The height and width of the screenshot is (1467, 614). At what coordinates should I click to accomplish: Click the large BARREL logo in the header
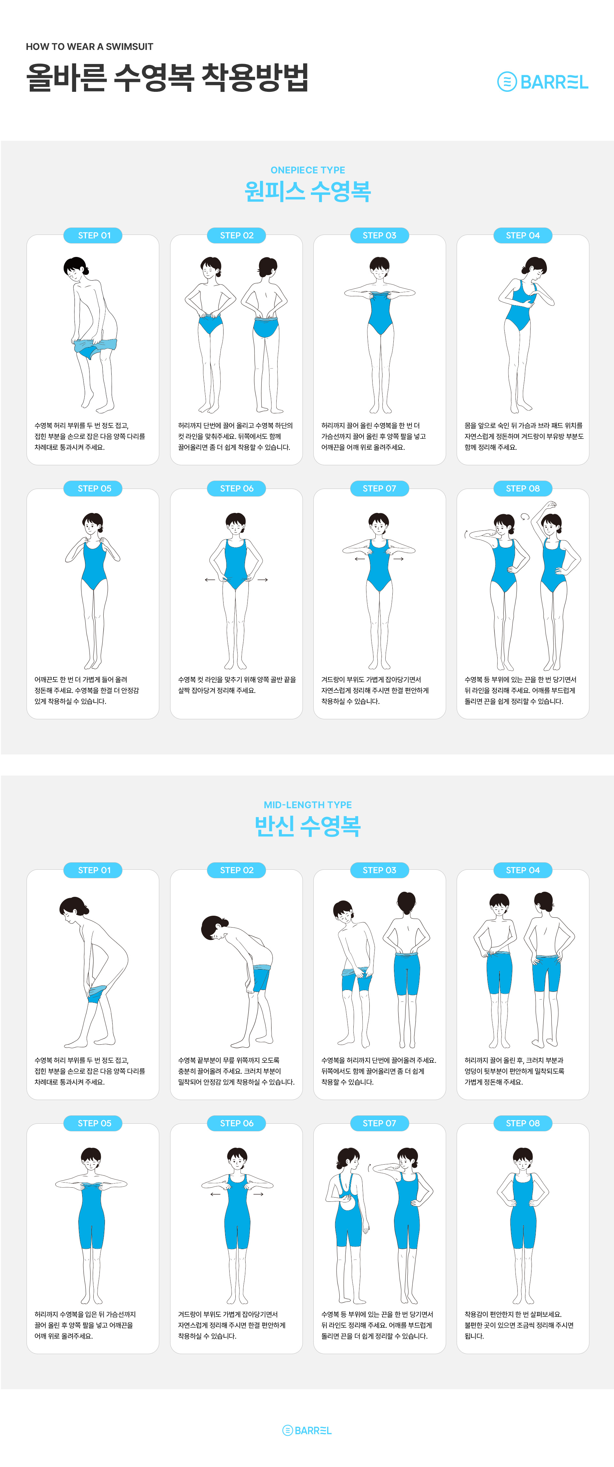pos(542,82)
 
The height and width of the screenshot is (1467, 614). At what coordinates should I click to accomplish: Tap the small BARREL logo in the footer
pos(307,1430)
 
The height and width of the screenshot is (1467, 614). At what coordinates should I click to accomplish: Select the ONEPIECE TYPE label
pos(307,170)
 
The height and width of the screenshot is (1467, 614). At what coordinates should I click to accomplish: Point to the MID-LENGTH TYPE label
pos(307,805)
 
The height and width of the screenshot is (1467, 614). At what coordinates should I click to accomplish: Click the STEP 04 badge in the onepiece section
pos(523,235)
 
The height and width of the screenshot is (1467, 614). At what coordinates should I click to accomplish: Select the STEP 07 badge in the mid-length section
pos(379,1123)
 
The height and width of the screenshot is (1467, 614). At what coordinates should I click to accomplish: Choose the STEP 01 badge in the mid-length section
pos(94,870)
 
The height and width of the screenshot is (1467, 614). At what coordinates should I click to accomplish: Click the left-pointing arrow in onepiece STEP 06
pos(210,580)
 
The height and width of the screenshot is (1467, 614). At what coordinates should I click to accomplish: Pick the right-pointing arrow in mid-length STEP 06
pos(258,1194)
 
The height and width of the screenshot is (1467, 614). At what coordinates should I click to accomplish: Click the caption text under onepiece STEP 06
pos(237,685)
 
